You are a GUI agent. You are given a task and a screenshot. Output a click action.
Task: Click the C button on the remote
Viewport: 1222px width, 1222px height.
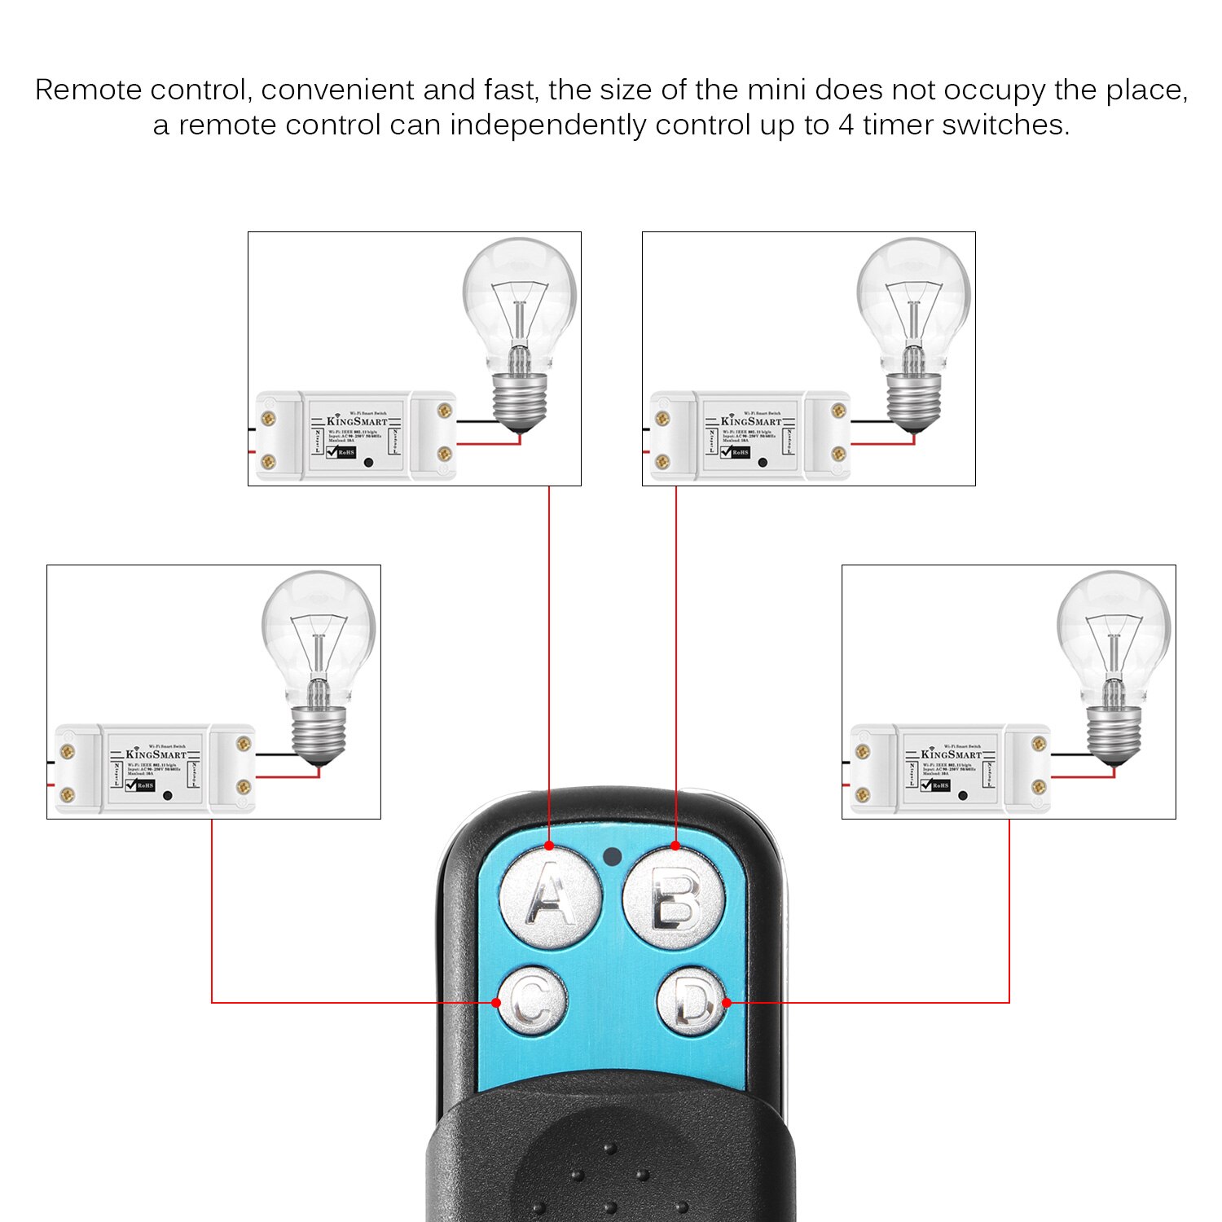[x=532, y=1002]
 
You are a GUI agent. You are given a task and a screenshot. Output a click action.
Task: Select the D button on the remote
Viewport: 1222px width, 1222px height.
[x=692, y=1002]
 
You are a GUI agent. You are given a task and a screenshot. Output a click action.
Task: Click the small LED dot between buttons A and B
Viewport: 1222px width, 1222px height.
[x=612, y=856]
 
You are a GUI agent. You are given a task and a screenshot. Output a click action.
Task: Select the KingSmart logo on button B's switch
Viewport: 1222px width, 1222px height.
[x=751, y=421]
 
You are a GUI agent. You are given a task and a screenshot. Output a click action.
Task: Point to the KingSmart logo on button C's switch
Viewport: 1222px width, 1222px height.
[x=156, y=754]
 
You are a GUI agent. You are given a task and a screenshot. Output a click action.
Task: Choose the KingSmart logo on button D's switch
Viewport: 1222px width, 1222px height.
[x=951, y=754]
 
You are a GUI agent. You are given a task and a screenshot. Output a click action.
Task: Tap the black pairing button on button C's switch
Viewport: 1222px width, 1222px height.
[x=167, y=795]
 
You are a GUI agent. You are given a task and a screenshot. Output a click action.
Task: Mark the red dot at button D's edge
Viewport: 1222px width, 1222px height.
[x=727, y=1002]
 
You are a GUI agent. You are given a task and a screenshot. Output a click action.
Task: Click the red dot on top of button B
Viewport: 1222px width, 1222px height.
[x=675, y=846]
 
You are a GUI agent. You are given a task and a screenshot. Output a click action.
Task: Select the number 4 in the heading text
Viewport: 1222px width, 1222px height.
[x=846, y=125]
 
